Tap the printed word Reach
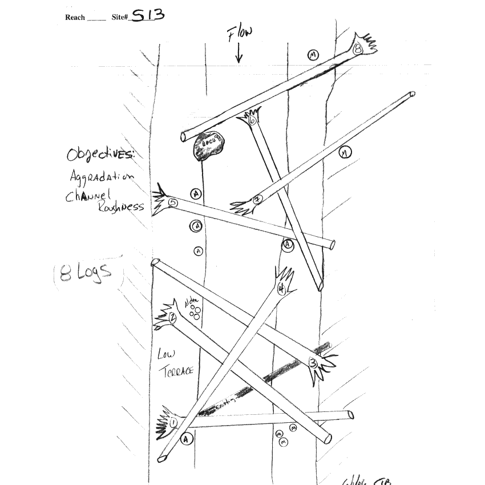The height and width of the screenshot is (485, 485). click(75, 17)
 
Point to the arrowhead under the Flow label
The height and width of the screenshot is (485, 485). click(239, 59)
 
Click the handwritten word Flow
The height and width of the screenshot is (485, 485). click(240, 35)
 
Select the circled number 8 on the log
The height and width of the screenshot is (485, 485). click(358, 49)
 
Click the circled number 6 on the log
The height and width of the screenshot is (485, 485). click(252, 120)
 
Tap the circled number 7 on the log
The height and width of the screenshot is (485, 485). click(257, 199)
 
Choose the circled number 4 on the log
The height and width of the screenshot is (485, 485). click(281, 289)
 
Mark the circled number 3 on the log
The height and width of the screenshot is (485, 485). click(313, 362)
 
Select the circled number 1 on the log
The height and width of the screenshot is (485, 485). click(173, 423)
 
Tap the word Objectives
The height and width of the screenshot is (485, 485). click(100, 155)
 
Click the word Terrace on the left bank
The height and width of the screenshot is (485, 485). click(180, 373)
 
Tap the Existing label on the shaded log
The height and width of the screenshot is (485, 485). click(225, 405)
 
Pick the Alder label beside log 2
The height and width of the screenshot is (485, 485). click(190, 302)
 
